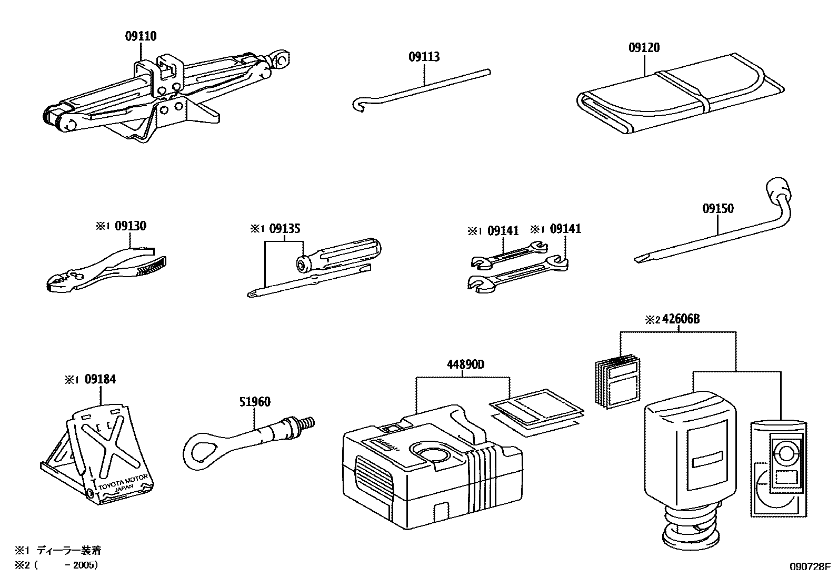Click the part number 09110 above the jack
(x=141, y=36)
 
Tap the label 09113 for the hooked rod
(x=424, y=56)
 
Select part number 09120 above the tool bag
(x=643, y=47)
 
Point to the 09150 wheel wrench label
(x=717, y=208)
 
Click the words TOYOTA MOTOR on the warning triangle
(x=123, y=480)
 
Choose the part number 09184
(x=99, y=379)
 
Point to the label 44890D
(x=462, y=364)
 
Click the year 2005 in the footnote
(x=86, y=565)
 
